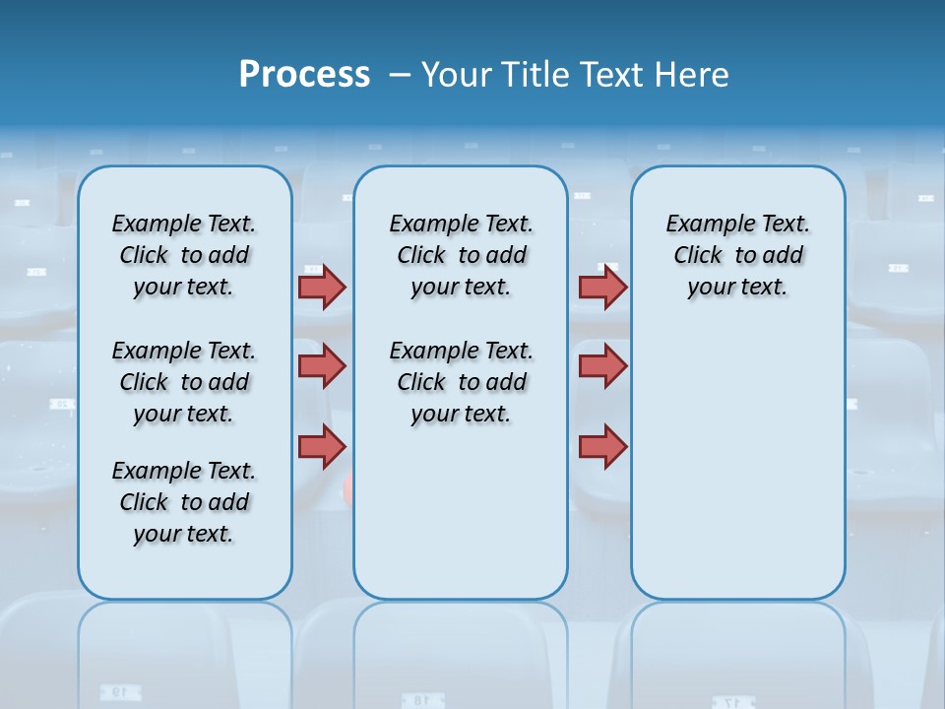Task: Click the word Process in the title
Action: tap(304, 75)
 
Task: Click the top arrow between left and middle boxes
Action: tap(322, 287)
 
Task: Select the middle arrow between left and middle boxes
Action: tap(322, 366)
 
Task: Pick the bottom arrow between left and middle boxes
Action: tap(322, 446)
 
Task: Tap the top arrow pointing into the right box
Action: tap(602, 287)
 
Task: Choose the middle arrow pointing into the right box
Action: tap(602, 366)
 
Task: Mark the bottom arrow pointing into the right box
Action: tap(602, 446)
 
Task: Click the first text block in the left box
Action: tap(184, 255)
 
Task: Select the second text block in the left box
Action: tap(184, 382)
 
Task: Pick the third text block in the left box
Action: tap(184, 502)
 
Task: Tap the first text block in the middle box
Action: tap(461, 255)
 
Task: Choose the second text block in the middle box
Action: tap(461, 382)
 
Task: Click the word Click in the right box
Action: tap(698, 255)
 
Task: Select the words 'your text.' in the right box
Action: tap(737, 288)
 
